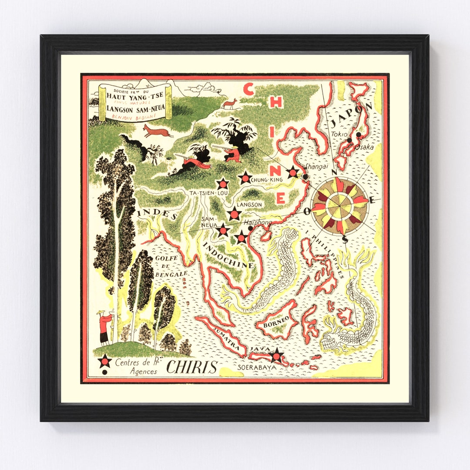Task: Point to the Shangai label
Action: [x=315, y=166]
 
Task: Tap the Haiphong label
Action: [x=260, y=222]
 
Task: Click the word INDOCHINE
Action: [x=228, y=255]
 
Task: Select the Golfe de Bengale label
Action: [x=171, y=265]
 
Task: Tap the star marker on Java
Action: [x=276, y=356]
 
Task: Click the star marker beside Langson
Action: [x=234, y=214]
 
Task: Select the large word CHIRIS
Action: [x=191, y=367]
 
